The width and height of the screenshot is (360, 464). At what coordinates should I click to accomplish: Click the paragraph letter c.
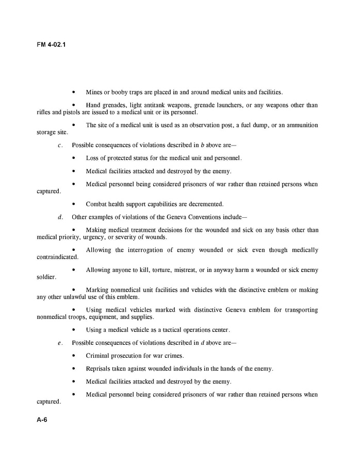click(x=60, y=145)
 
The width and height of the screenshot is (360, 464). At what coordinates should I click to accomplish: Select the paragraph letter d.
click(x=60, y=217)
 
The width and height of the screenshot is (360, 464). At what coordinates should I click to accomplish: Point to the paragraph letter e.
click(x=60, y=343)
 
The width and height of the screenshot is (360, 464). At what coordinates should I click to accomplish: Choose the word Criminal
click(x=97, y=356)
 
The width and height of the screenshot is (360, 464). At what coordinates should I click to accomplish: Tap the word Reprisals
click(x=99, y=369)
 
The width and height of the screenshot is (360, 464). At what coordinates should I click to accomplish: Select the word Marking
click(x=97, y=290)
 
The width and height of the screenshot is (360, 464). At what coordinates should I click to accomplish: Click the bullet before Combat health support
click(x=74, y=204)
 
